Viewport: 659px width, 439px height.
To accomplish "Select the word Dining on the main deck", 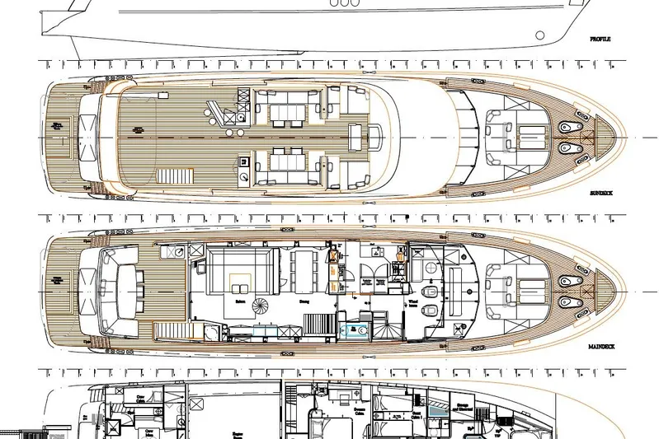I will coord(304,301).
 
